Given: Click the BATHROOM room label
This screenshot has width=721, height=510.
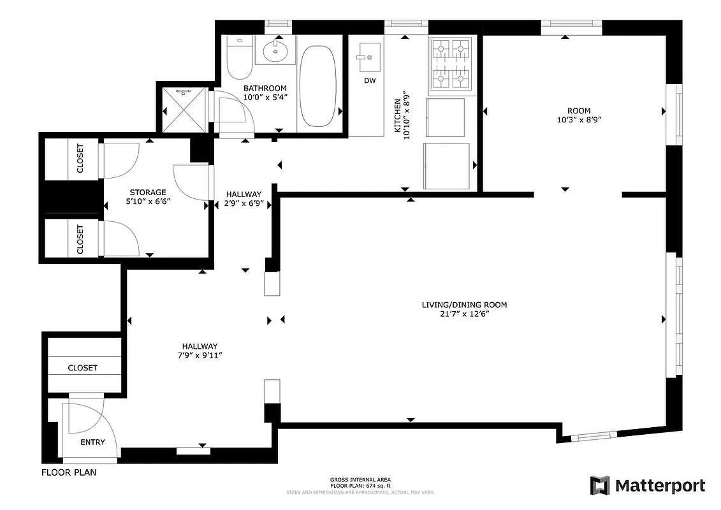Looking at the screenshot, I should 265,88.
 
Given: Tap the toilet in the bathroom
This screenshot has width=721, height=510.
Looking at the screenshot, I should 238,56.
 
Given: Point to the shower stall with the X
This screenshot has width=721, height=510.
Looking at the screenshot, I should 183,110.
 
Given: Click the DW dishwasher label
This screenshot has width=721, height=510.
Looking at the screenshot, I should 370,81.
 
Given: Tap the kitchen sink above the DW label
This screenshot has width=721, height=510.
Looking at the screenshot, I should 368,58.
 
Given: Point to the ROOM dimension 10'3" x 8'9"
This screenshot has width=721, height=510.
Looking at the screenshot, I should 579,120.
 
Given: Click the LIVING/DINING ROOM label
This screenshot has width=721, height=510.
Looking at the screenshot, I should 464,305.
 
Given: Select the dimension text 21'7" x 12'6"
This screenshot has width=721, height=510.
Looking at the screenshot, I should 464,314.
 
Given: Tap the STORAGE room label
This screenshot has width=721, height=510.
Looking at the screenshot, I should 148,192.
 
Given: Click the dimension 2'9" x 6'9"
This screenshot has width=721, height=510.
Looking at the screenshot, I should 244,204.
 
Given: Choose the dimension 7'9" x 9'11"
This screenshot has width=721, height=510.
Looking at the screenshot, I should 200,355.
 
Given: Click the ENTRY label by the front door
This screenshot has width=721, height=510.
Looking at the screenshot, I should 92,442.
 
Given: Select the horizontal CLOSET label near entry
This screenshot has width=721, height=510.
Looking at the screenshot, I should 83,368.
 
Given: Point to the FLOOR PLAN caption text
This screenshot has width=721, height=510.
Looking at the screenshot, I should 69,473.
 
